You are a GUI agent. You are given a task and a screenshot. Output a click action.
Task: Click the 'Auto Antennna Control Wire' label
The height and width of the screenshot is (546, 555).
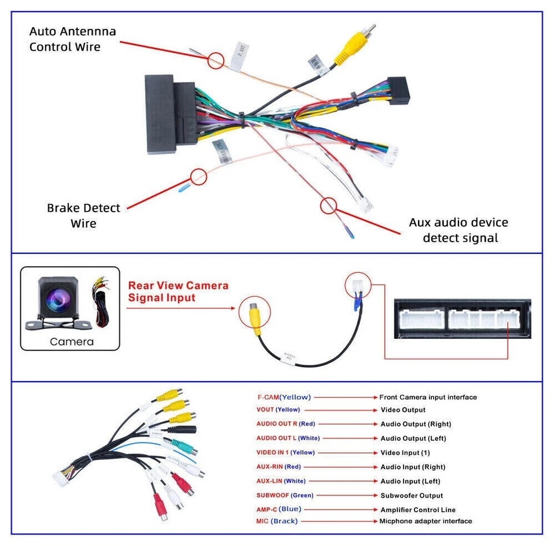pos(72,39)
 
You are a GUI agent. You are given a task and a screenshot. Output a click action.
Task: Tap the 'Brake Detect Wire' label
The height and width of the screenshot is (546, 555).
pos(83,215)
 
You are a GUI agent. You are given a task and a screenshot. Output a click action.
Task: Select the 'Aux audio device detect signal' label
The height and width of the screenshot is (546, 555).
pos(459,230)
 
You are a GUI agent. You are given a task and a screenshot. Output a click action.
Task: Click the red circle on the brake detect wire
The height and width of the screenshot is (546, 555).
pos(198,176)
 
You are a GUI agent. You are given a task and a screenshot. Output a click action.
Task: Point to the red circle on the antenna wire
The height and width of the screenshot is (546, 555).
pos(216,60)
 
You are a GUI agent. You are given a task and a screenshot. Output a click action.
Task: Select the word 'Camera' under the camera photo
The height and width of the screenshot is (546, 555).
pos(71,341)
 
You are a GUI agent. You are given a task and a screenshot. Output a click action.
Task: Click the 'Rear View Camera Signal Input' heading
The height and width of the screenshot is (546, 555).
pos(178,292)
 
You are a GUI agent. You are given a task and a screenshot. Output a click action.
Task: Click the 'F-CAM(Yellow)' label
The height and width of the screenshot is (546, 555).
pos(284,397)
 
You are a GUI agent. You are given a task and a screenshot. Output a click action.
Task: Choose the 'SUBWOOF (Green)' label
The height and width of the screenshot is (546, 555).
pos(285,495)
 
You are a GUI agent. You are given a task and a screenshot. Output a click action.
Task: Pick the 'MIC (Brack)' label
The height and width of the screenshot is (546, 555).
pos(277,521)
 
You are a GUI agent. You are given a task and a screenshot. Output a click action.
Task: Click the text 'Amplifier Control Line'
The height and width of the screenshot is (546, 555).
pos(418,510)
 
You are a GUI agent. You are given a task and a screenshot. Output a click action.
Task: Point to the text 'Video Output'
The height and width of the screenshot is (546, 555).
pos(403,410)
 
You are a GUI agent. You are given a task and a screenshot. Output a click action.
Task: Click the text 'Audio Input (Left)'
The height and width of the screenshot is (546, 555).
pos(410,481)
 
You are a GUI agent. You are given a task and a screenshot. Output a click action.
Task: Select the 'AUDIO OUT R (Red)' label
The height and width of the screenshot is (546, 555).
pos(286,424)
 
